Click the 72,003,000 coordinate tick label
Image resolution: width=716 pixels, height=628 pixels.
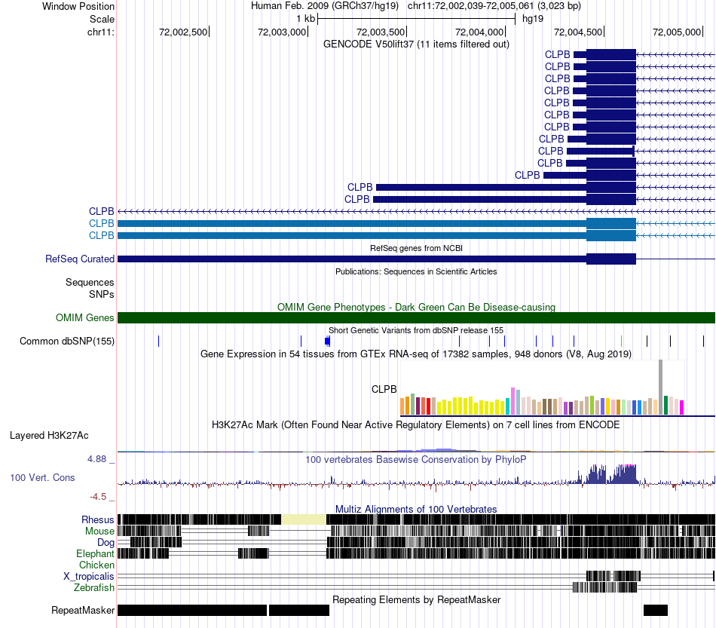pyautogui.click(x=282, y=32)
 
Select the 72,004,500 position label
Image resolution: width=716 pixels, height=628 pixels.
pyautogui.click(x=578, y=32)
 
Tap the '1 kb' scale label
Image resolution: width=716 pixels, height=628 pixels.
pyautogui.click(x=305, y=19)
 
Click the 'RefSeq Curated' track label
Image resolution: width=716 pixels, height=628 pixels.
pyautogui.click(x=80, y=259)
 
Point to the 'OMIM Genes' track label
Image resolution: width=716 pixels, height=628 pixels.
pyautogui.click(x=85, y=317)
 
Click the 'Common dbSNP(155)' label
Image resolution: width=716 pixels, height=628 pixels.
pyautogui.click(x=67, y=342)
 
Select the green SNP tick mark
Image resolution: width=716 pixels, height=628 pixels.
pyautogui.click(x=622, y=341)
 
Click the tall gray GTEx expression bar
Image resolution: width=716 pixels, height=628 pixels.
pyautogui.click(x=660, y=388)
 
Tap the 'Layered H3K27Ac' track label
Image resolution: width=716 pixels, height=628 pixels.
pyautogui.click(x=49, y=435)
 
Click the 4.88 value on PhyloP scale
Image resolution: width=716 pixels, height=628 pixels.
pyautogui.click(x=96, y=458)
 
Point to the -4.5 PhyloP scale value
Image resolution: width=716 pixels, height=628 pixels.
pyautogui.click(x=98, y=497)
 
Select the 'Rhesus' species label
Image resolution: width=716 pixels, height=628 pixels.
pyautogui.click(x=98, y=519)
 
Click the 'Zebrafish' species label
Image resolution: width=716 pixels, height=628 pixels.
pyautogui.click(x=94, y=587)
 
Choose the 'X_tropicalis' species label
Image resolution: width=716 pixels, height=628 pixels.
pyautogui.click(x=89, y=577)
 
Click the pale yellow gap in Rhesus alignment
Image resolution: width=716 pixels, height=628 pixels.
pyautogui.click(x=304, y=519)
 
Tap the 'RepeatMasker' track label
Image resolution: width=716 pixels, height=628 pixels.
pyautogui.click(x=83, y=610)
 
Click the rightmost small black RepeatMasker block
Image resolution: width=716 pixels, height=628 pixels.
pyautogui.click(x=656, y=610)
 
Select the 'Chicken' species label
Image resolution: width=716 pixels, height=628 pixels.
pyautogui.click(x=96, y=565)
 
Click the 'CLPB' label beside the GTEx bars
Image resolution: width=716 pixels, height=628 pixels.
pyautogui.click(x=384, y=389)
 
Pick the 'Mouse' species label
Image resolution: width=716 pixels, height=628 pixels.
pyautogui.click(x=99, y=532)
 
